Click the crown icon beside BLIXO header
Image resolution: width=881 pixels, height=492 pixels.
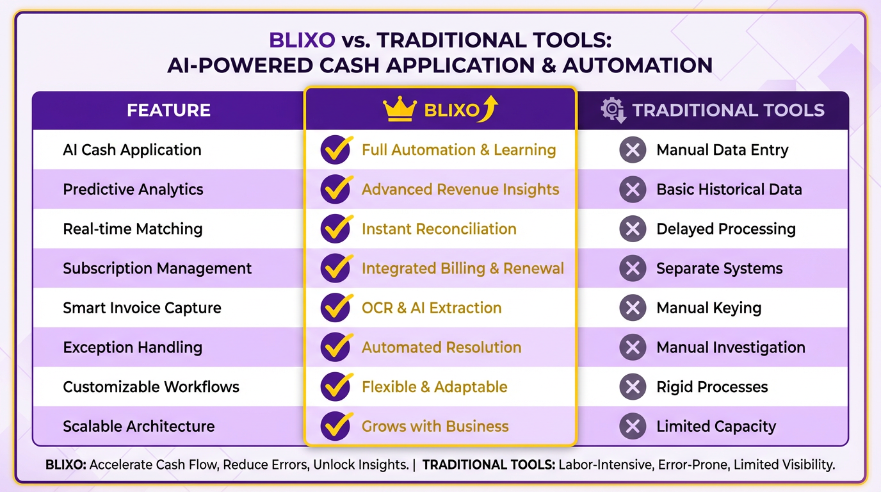(400, 110)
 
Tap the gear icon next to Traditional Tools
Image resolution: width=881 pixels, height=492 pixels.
(612, 110)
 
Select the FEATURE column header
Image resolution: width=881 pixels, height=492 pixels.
(168, 110)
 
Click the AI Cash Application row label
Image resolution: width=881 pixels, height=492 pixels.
(132, 150)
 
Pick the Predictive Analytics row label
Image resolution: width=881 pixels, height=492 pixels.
(133, 190)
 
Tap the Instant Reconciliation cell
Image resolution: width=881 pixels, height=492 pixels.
(439, 229)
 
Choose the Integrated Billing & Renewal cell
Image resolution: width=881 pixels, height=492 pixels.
(462, 268)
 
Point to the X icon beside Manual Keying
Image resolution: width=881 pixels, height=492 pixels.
(633, 308)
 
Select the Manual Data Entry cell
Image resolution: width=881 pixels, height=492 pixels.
(722, 150)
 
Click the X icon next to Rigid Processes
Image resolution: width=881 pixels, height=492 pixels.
(633, 387)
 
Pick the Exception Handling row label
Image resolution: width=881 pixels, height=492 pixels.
(133, 347)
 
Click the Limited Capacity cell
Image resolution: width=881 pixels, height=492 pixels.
(716, 426)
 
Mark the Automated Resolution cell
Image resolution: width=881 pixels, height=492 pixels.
(441, 347)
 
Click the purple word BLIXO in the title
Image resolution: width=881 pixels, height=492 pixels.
(302, 40)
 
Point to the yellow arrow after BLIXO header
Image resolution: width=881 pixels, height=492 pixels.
(490, 109)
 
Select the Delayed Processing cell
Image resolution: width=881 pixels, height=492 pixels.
(726, 229)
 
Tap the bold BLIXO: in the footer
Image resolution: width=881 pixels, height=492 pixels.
(66, 465)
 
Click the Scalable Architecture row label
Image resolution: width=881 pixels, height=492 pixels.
(139, 426)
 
